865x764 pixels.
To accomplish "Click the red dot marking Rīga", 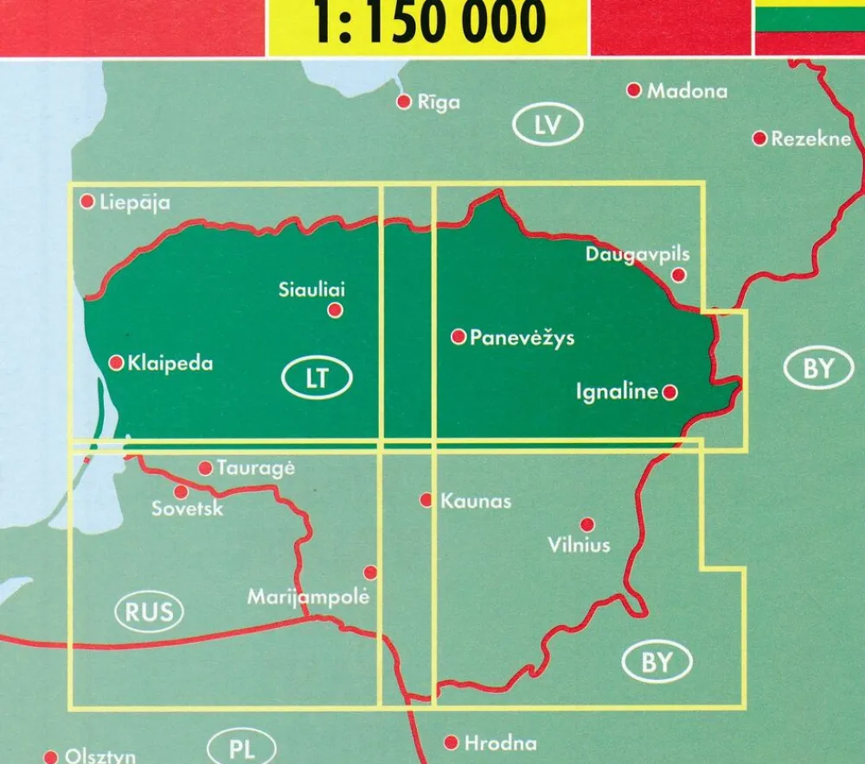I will [403, 102].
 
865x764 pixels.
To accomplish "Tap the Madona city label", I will [687, 91].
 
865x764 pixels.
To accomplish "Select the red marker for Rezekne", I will [759, 138].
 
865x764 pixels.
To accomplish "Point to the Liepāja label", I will [134, 203].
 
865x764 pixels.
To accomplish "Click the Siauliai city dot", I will [335, 310].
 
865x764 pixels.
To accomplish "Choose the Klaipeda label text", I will [170, 363].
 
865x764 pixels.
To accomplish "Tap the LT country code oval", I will [317, 378].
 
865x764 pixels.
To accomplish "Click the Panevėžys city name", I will [522, 338].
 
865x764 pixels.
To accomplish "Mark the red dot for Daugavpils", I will [679, 275].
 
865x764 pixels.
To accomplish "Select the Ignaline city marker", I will [670, 393].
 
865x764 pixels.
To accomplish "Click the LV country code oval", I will [548, 126].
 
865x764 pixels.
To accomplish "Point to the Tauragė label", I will [255, 468].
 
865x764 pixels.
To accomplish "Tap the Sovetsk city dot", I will [181, 491].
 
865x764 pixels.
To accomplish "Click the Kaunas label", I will [476, 501].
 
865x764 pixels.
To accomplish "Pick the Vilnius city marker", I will [587, 524].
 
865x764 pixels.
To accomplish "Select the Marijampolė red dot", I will [370, 572].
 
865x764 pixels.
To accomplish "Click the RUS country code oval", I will [149, 613].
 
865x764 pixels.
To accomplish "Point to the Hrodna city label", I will [500, 743].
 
